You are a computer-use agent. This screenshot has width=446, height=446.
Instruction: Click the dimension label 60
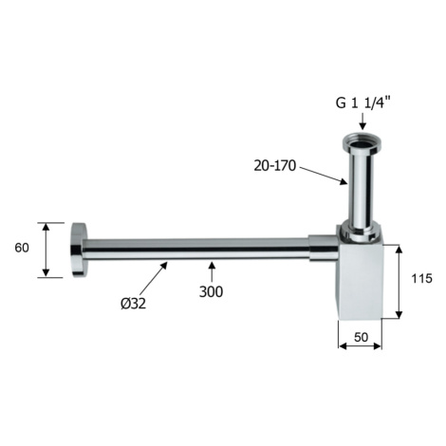pos(22,248)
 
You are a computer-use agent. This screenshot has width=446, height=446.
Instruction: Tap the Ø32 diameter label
pos(133,304)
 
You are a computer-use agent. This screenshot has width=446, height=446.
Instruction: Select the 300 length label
pos(211,291)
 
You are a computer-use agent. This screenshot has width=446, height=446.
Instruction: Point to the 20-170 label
pos(274,166)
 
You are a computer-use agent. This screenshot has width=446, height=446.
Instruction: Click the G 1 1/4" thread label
pos(363,103)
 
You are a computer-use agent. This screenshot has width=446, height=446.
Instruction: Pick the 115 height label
pos(421,278)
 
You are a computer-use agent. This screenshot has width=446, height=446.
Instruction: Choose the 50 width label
pos(361,338)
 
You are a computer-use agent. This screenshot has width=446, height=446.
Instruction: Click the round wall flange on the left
pos(79,250)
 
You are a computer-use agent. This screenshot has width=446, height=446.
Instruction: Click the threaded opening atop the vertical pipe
pos(362,143)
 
